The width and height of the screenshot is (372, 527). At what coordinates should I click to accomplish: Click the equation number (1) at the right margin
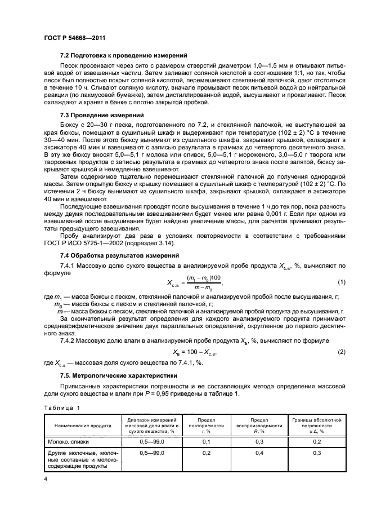(x=340, y=282)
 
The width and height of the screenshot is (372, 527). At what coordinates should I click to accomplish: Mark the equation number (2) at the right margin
(x=340, y=352)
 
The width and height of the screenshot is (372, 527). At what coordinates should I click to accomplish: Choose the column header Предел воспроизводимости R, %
(x=259, y=425)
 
